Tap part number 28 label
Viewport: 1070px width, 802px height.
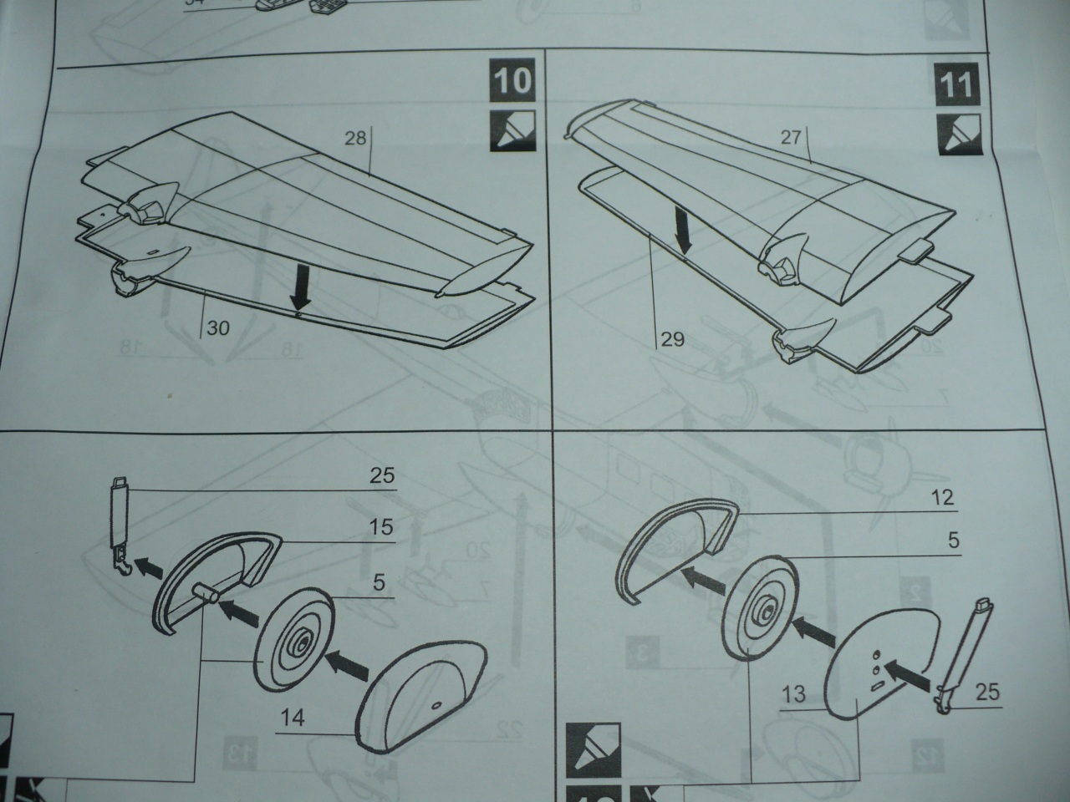point(356,139)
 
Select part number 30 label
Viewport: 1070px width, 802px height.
point(217,328)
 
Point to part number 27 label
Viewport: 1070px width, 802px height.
point(791,140)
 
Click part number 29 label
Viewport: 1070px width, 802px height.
point(672,339)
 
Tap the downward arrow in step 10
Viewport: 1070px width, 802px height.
point(298,290)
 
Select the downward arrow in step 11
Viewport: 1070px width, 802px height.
point(685,231)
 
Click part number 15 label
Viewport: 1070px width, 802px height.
point(380,529)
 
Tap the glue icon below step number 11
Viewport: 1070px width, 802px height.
point(954,133)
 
